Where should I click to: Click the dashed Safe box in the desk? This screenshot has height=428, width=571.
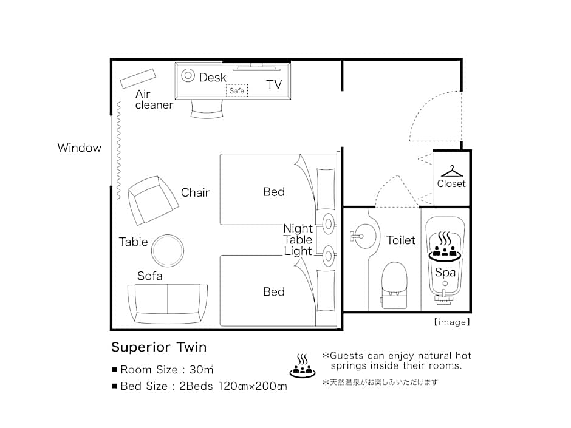[x=237, y=90]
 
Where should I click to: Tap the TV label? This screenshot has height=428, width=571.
[x=274, y=84]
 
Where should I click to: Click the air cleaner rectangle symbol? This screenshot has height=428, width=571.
[x=138, y=78]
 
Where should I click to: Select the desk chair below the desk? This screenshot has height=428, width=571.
[x=207, y=109]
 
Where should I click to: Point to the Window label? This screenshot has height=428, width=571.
[x=80, y=148]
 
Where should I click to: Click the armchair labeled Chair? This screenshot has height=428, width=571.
[x=152, y=200]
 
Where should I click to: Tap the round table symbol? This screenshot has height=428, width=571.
[x=168, y=250]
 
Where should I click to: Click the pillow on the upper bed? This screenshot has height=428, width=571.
[x=326, y=189]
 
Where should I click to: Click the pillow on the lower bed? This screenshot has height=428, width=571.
[x=326, y=290]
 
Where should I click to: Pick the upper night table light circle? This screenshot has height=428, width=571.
[x=329, y=224]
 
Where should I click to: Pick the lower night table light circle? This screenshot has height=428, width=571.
[x=329, y=256]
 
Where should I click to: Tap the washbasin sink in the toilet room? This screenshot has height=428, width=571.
[x=362, y=236]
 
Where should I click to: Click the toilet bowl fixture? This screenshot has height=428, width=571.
[x=394, y=285]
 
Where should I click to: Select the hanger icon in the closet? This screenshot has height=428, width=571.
[x=451, y=171]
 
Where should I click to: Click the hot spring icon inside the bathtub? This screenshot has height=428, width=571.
[x=445, y=246]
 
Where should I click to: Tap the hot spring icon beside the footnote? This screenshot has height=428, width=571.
[x=303, y=365]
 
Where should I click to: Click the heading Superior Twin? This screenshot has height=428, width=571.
[x=159, y=347]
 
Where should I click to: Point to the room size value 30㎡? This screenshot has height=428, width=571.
[x=202, y=369]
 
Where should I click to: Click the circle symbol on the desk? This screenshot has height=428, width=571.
[x=188, y=76]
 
